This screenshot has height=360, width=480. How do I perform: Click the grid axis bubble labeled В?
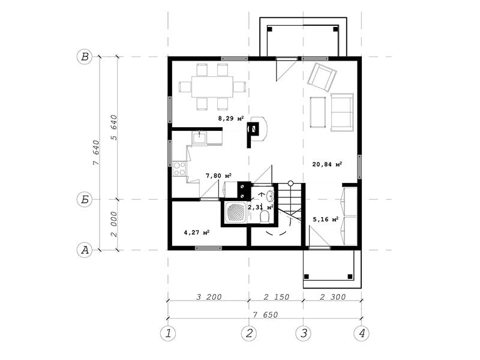85,57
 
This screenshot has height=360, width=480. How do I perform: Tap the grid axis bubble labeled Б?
85,200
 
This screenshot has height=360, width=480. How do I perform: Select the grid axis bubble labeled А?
85,250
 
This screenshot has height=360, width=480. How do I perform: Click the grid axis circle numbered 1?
168,333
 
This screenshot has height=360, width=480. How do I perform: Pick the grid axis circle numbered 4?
361,333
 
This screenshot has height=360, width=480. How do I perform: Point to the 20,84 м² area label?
327,164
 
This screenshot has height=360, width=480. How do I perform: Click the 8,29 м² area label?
231,118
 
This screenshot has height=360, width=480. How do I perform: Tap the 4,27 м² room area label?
197,232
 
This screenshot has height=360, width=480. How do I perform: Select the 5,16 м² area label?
325,219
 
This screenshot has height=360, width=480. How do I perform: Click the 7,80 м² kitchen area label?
218,176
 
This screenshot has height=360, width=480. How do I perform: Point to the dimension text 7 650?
265,314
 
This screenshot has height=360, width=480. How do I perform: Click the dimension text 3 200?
209,296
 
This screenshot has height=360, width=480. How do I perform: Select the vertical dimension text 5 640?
113,127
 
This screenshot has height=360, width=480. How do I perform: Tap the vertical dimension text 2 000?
113,224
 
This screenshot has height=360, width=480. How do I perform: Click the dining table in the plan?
212,86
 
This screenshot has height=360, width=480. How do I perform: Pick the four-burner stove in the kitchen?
179,169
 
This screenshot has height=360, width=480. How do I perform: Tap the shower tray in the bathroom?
236,213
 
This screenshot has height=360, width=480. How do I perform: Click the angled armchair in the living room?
322,77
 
